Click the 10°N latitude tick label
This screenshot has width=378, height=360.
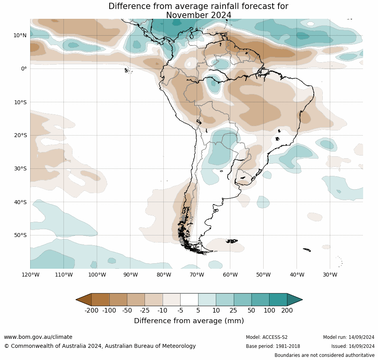pyautogui.click(x=20, y=35)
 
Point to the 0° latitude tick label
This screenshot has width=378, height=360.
pyautogui.click(x=24, y=69)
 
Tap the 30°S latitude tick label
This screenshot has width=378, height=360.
pyautogui.click(x=20, y=168)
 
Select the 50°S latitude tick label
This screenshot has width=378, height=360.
pyautogui.click(x=20, y=235)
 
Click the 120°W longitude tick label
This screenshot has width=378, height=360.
pyautogui.click(x=30, y=275)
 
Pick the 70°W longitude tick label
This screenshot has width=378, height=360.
pyautogui.click(x=197, y=275)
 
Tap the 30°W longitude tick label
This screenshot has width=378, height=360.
pyautogui.click(x=330, y=275)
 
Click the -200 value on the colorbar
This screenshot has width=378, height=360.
pyautogui.click(x=91, y=311)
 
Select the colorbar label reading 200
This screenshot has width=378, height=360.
pyautogui.click(x=287, y=311)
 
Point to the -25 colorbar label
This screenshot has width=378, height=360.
pyautogui.click(x=145, y=311)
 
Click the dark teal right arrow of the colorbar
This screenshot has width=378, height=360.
pyautogui.click(x=295, y=300)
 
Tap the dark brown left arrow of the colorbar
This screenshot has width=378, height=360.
pyautogui.click(x=83, y=300)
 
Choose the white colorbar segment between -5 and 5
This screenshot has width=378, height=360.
pyautogui.click(x=189, y=300)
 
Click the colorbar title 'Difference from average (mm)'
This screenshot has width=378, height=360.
pyautogui.click(x=189, y=321)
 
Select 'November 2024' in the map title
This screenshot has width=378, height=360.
pyautogui.click(x=199, y=15)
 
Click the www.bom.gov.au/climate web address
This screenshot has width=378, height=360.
pyautogui.click(x=38, y=337)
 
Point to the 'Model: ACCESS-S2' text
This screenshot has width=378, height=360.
pyautogui.click(x=267, y=337)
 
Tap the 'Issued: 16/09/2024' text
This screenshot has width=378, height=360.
pyautogui.click(x=353, y=346)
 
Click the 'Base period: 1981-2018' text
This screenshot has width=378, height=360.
pyautogui.click(x=273, y=346)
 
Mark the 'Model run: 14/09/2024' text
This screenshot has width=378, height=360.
pyautogui.click(x=349, y=337)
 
